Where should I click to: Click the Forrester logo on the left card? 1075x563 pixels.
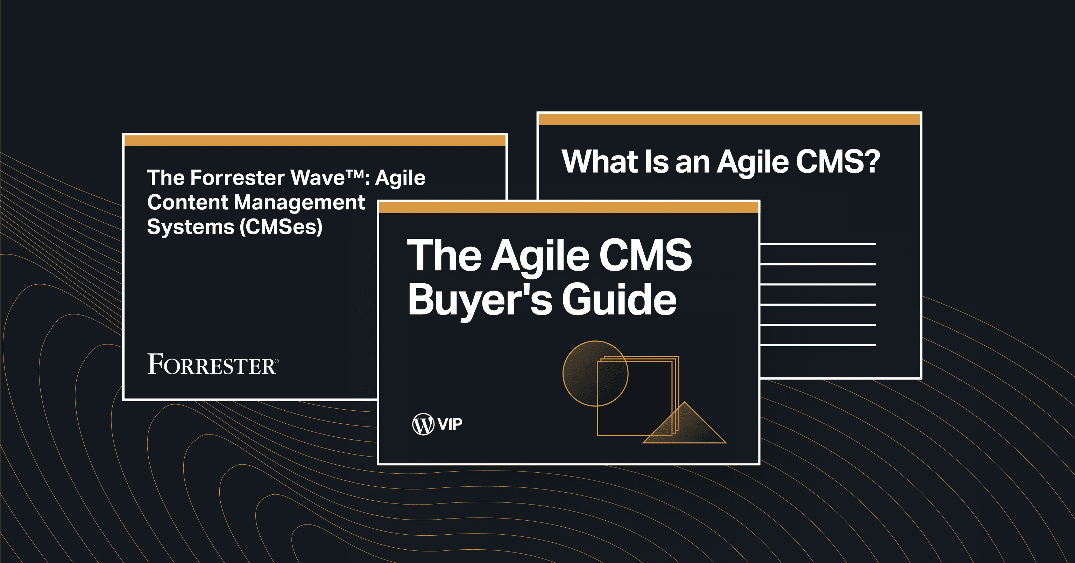212,364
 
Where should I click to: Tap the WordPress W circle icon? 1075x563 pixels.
423,424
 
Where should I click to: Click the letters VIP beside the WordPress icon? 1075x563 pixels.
450,424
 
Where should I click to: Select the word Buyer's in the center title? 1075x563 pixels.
480,300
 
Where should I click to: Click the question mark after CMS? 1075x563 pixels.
872,162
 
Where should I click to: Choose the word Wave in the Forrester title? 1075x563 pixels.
318,178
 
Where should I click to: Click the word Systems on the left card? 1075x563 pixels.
191,227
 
